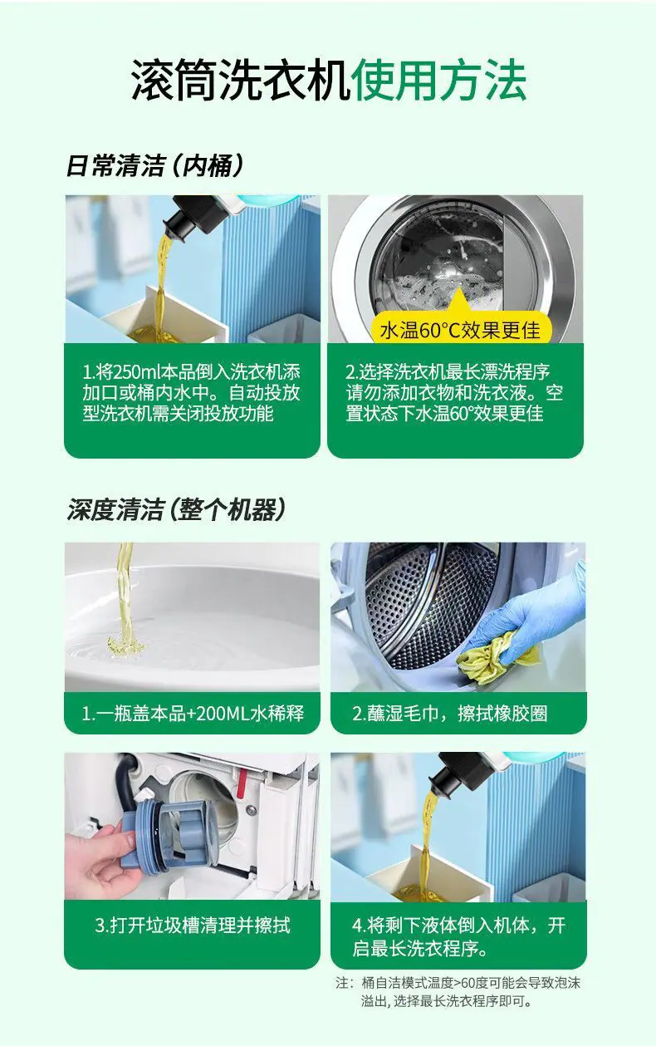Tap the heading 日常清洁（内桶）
tap(154, 166)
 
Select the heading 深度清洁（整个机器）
tap(175, 509)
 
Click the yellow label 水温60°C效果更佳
tap(460, 330)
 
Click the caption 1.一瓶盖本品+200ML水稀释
tap(193, 714)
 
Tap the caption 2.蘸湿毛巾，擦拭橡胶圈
tap(450, 714)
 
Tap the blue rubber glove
tap(532, 616)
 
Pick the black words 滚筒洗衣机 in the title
tap(240, 81)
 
